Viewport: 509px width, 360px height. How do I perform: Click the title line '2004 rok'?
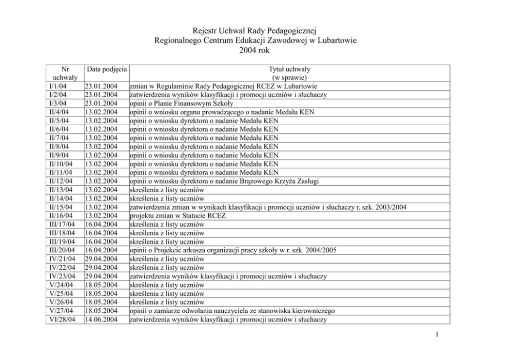pyautogui.click(x=254, y=50)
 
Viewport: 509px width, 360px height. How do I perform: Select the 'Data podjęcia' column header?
pyautogui.click(x=107, y=69)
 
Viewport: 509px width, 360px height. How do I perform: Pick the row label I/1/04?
pyautogui.click(x=56, y=86)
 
